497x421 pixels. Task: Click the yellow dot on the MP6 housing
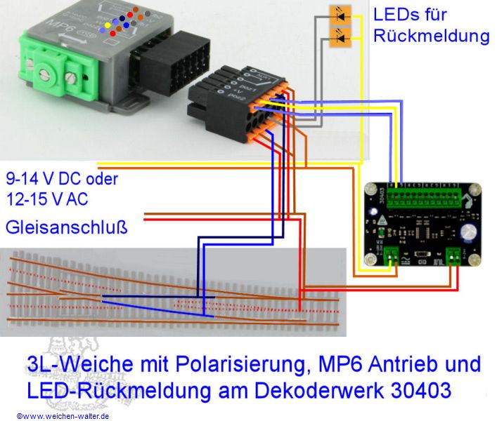coord(107,25)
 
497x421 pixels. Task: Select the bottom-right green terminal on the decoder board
coord(453,256)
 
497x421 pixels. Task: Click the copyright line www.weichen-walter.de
coord(63,415)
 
